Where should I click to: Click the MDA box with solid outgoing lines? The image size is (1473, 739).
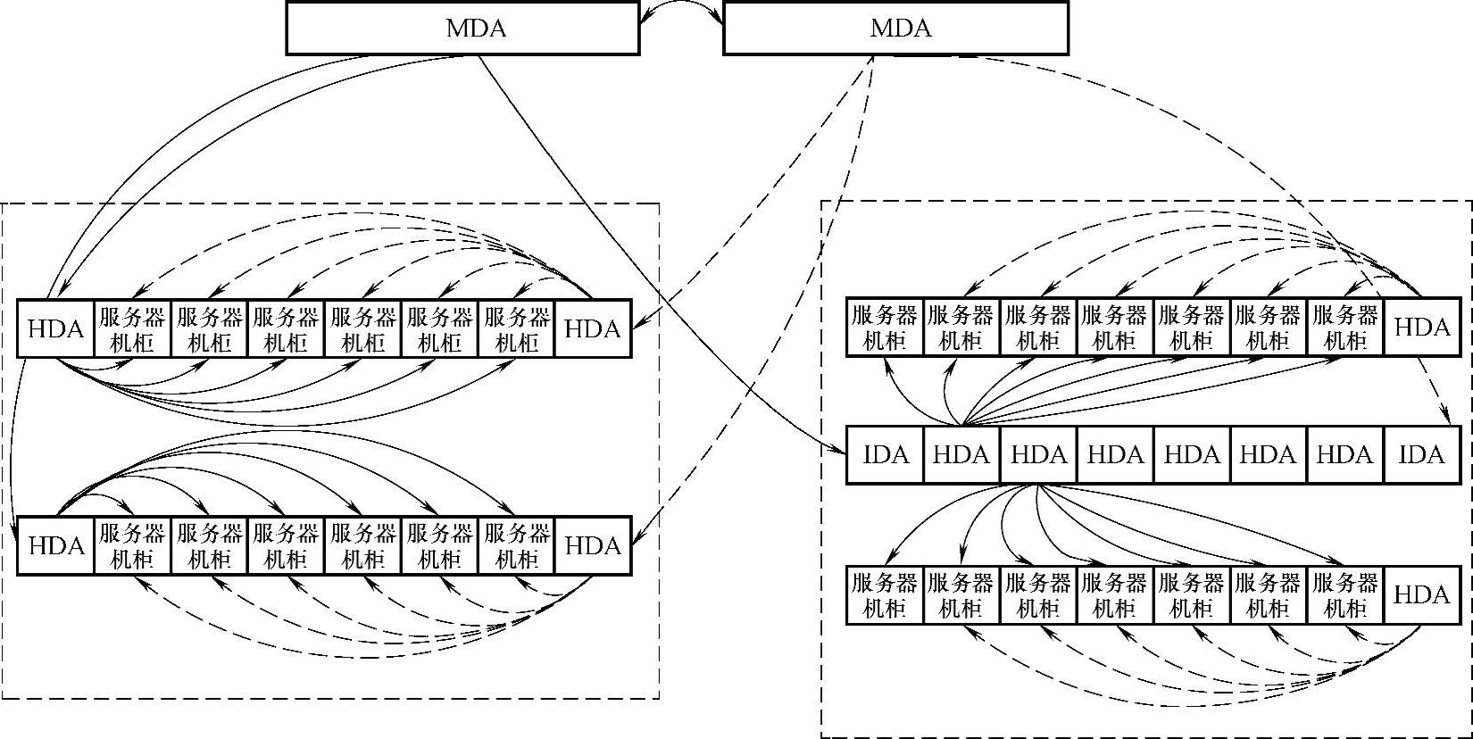[x=462, y=28]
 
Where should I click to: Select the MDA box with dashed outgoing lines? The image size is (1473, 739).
[x=895, y=28]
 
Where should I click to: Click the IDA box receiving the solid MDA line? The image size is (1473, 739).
[x=885, y=455]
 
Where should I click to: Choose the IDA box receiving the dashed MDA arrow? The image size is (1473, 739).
[x=1421, y=455]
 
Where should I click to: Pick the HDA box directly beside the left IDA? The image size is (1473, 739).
[x=961, y=455]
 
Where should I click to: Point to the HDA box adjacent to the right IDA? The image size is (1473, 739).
[x=1344, y=455]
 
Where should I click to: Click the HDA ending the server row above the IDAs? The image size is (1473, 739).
[x=1421, y=328]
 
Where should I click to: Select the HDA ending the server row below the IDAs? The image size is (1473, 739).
[x=1421, y=595]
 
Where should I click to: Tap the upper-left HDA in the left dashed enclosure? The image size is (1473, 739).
[x=56, y=329]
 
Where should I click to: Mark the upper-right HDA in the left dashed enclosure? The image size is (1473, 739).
[x=593, y=329]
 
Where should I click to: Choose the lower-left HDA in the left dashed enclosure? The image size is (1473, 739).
[x=56, y=545]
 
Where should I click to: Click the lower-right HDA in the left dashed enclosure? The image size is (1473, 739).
[x=593, y=545]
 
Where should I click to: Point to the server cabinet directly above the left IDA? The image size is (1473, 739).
[x=885, y=328]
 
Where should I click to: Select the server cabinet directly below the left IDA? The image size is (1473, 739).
[x=885, y=595]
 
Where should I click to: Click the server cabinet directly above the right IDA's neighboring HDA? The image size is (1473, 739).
[x=1344, y=328]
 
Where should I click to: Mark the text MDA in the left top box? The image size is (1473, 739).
[x=476, y=29]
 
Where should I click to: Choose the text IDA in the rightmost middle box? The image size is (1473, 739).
[x=1421, y=455]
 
